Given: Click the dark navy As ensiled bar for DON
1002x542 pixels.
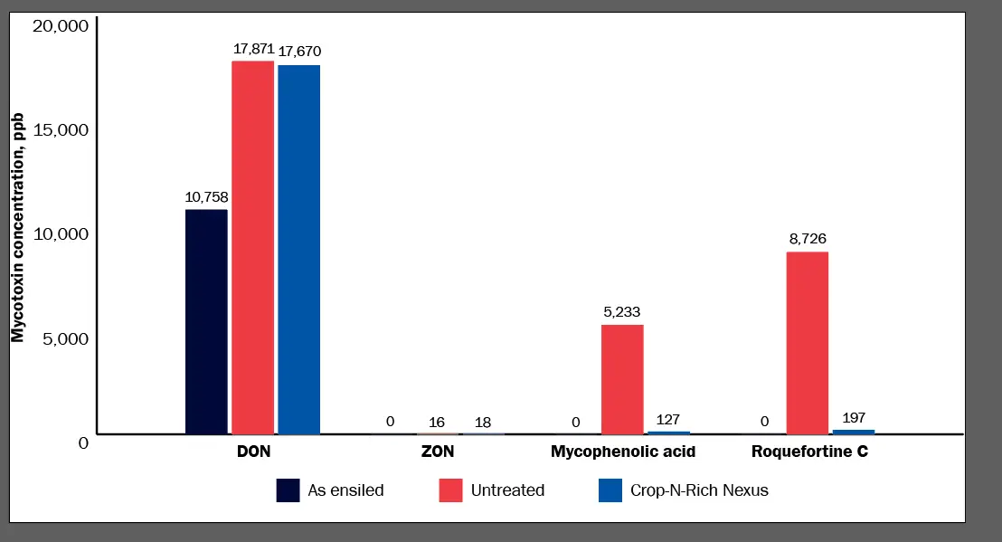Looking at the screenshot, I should click(x=206, y=321).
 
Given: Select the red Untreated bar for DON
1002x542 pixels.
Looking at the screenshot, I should click(x=252, y=247).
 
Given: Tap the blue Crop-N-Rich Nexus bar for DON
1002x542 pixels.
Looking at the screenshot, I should click(x=298, y=249).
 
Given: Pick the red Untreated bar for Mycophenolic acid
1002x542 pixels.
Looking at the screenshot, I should click(x=622, y=378).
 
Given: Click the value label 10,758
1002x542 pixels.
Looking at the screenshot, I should click(x=206, y=196).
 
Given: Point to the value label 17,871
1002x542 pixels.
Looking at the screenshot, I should click(x=253, y=48).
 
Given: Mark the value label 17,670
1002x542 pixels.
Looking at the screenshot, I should click(x=299, y=51).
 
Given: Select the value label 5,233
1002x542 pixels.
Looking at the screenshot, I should click(x=622, y=312).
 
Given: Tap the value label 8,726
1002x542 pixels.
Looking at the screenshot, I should click(x=807, y=239).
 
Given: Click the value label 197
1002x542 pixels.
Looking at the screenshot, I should click(x=854, y=417).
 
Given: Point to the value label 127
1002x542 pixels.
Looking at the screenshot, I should click(x=669, y=420).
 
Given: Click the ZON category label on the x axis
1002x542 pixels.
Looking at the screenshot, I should click(x=438, y=451).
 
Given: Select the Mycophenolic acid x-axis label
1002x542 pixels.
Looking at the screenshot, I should click(x=623, y=451).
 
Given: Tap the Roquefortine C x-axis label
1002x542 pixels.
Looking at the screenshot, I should click(x=809, y=451).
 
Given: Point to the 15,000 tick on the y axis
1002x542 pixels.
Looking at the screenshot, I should click(x=60, y=129).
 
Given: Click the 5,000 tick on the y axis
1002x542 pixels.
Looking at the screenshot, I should click(x=64, y=338).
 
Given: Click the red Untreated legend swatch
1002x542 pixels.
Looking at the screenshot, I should click(x=450, y=490).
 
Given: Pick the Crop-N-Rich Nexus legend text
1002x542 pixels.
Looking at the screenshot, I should click(x=699, y=490).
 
